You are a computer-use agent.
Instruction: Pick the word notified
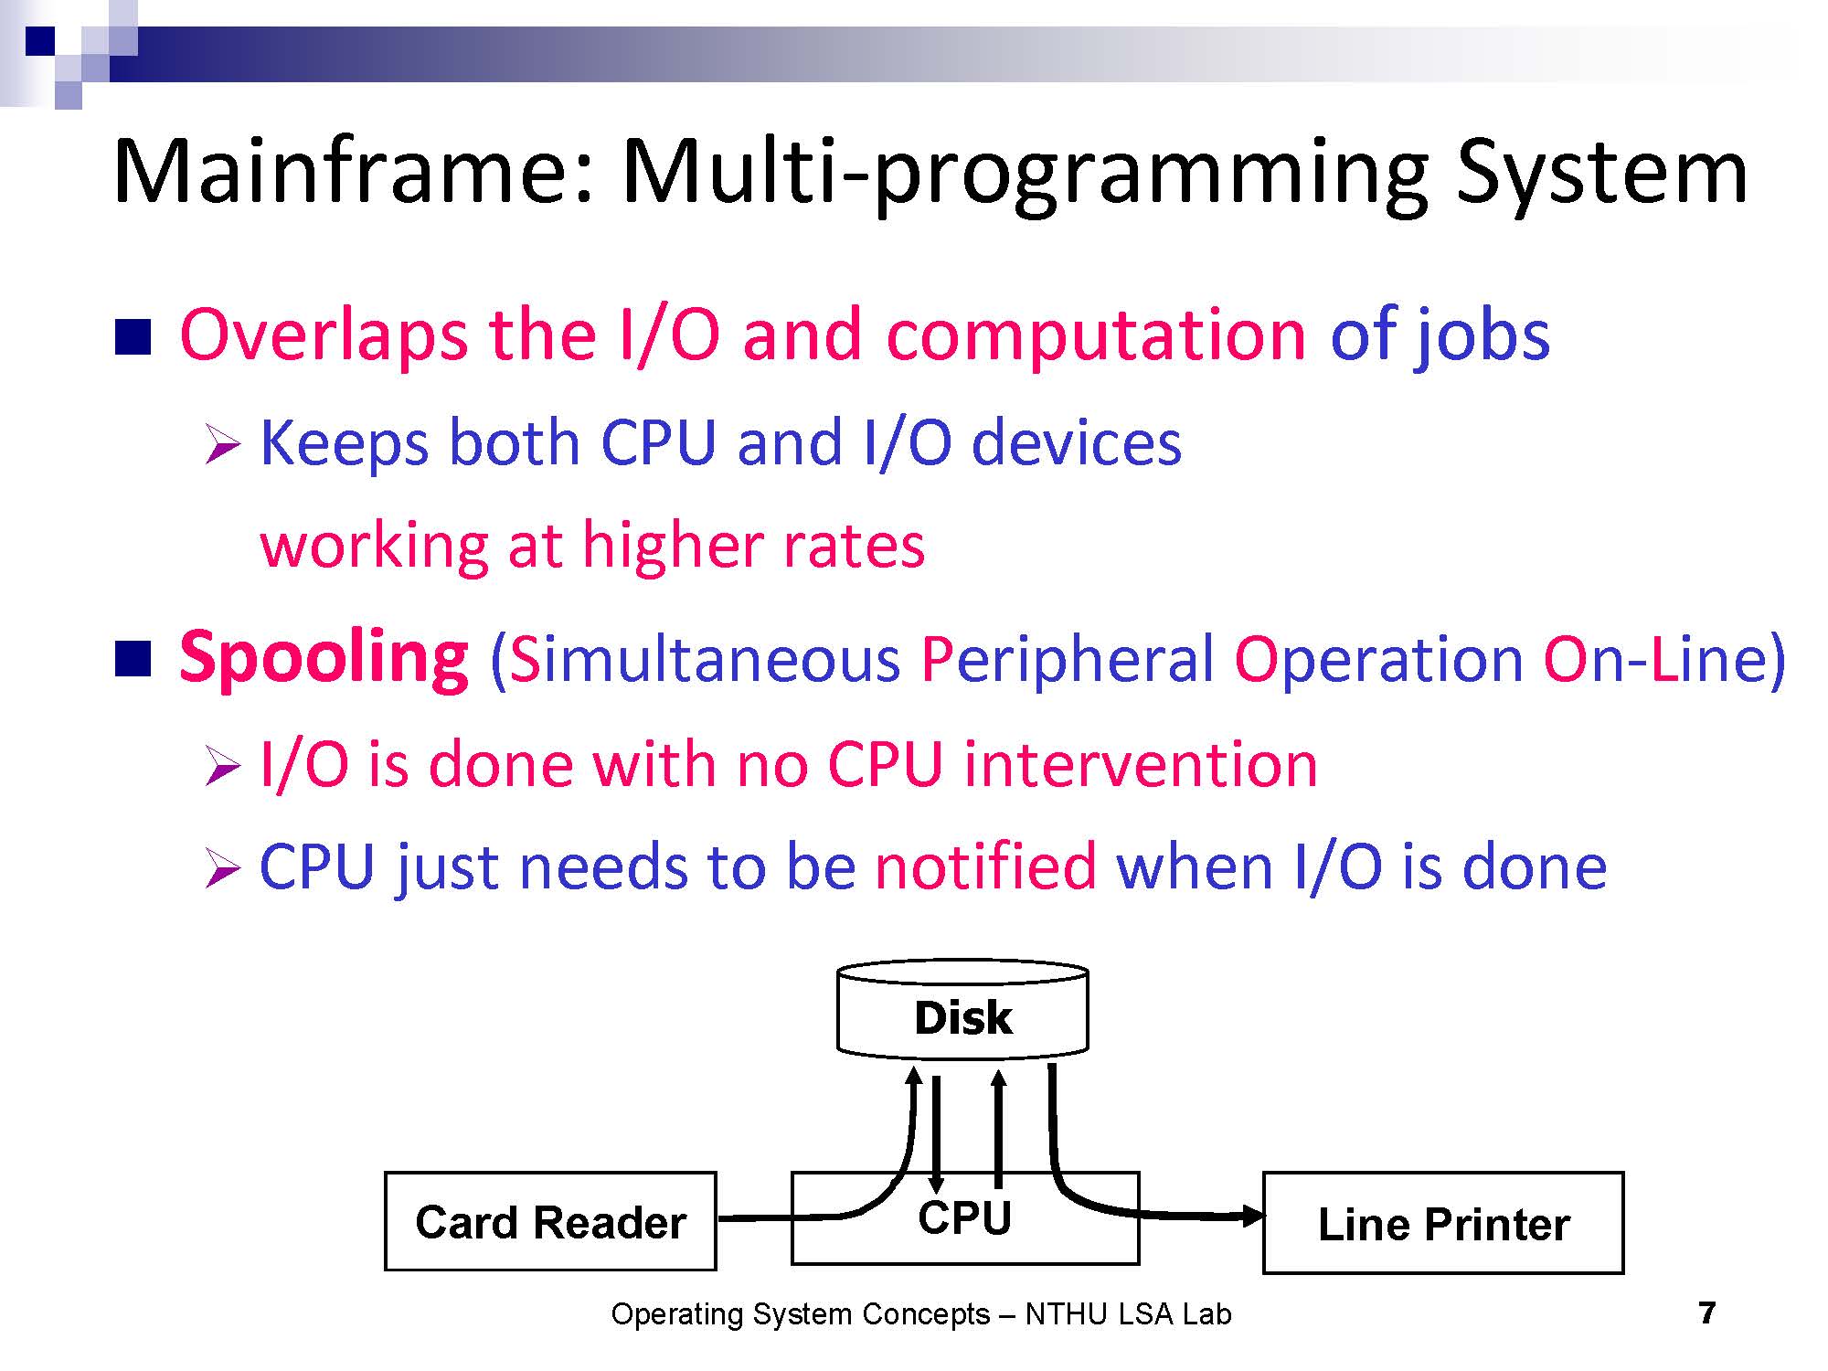(985, 866)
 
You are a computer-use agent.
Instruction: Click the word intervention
(1141, 764)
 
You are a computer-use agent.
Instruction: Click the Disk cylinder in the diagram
(962, 1010)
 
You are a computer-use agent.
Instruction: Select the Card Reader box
(550, 1221)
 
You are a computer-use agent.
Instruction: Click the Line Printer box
(1443, 1223)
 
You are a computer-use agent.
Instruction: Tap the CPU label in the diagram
(964, 1217)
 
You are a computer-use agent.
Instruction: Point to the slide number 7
(1706, 1313)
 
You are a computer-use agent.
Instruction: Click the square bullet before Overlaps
(133, 336)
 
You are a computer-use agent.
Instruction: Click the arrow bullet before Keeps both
(222, 445)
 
